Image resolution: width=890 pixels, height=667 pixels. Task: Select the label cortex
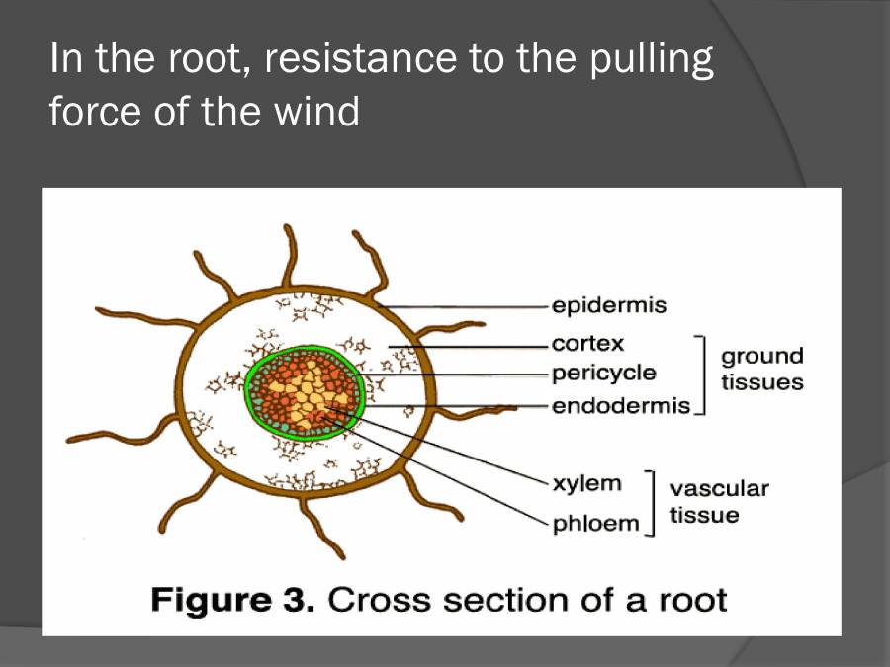[588, 344]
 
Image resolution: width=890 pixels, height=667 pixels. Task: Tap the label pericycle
[603, 374]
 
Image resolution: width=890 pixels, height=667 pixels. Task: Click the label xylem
[587, 483]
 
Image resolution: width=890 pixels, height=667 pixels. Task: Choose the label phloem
[595, 522]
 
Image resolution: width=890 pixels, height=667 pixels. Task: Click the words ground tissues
[761, 369]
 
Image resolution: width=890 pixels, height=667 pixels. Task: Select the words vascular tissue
[719, 501]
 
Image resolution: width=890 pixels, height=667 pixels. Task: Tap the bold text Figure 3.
[232, 600]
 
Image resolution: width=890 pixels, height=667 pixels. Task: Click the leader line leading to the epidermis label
[465, 306]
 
